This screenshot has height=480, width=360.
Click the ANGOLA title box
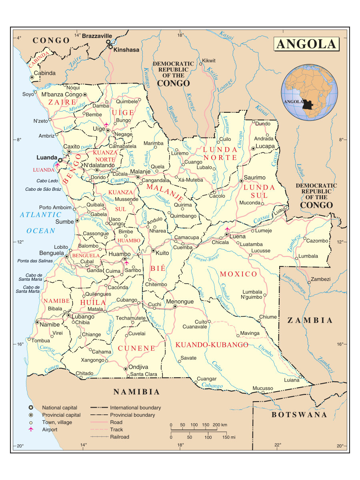click(x=306, y=44)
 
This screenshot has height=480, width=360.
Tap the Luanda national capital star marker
click(x=60, y=160)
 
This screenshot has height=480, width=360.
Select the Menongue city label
click(x=180, y=302)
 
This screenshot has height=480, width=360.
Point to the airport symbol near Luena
click(x=228, y=229)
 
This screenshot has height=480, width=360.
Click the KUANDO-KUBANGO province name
click(x=212, y=344)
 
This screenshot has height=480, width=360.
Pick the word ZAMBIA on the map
click(x=310, y=320)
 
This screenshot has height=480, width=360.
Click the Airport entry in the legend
click(x=50, y=430)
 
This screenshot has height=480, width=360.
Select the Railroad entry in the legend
click(x=120, y=437)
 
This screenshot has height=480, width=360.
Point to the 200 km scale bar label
click(x=220, y=424)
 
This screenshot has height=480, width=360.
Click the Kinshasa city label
click(x=126, y=50)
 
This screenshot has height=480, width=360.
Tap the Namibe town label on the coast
click(x=49, y=325)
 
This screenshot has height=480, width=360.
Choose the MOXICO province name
click(x=238, y=274)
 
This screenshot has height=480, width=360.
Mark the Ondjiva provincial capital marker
click(x=126, y=368)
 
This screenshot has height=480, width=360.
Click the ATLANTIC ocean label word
click(x=41, y=215)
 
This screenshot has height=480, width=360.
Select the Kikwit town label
click(x=209, y=61)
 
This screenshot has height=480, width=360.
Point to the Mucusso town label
click(x=262, y=388)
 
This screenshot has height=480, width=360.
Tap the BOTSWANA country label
click(x=299, y=415)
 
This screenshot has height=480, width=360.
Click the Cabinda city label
click(x=44, y=73)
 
